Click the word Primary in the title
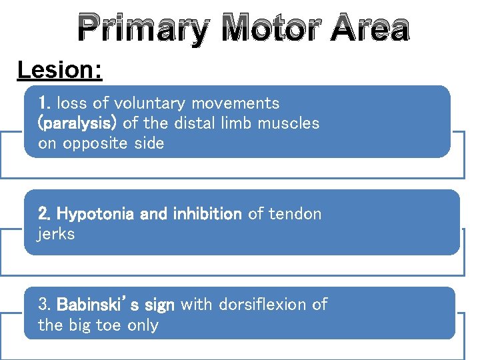[141, 29]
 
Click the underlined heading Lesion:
[60, 70]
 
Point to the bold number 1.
[45, 103]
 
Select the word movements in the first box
[235, 103]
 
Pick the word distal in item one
[193, 123]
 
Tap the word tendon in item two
[294, 214]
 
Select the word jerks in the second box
[56, 234]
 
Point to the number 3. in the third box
[45, 305]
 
